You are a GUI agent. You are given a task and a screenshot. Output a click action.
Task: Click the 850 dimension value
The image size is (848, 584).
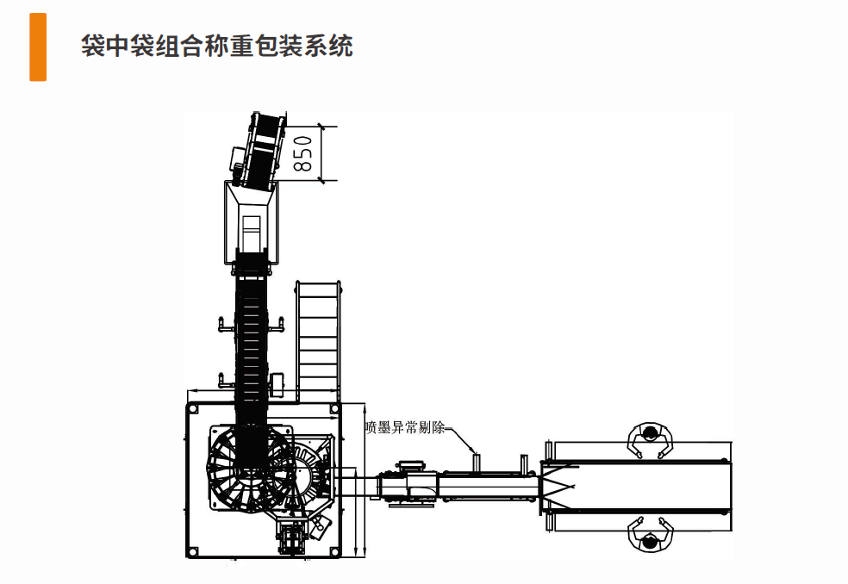point(303,153)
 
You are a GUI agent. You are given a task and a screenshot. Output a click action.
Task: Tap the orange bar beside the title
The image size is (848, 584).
point(38,47)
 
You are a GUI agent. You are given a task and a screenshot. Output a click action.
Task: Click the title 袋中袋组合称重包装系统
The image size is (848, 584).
point(217,46)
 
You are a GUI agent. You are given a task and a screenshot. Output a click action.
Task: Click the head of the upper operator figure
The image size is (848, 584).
point(650,432)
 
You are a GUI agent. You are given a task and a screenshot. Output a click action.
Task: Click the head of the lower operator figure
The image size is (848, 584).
point(650,540)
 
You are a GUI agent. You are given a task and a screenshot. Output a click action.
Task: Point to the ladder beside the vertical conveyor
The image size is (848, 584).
point(318,342)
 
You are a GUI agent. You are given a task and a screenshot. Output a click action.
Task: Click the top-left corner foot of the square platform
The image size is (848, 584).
point(192,409)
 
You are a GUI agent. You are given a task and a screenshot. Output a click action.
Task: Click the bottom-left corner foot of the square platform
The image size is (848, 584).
point(192,552)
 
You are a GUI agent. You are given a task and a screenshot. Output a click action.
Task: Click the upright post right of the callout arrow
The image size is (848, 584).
point(523,464)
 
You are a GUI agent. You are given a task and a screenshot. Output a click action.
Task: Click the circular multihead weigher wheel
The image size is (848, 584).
point(249,469)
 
